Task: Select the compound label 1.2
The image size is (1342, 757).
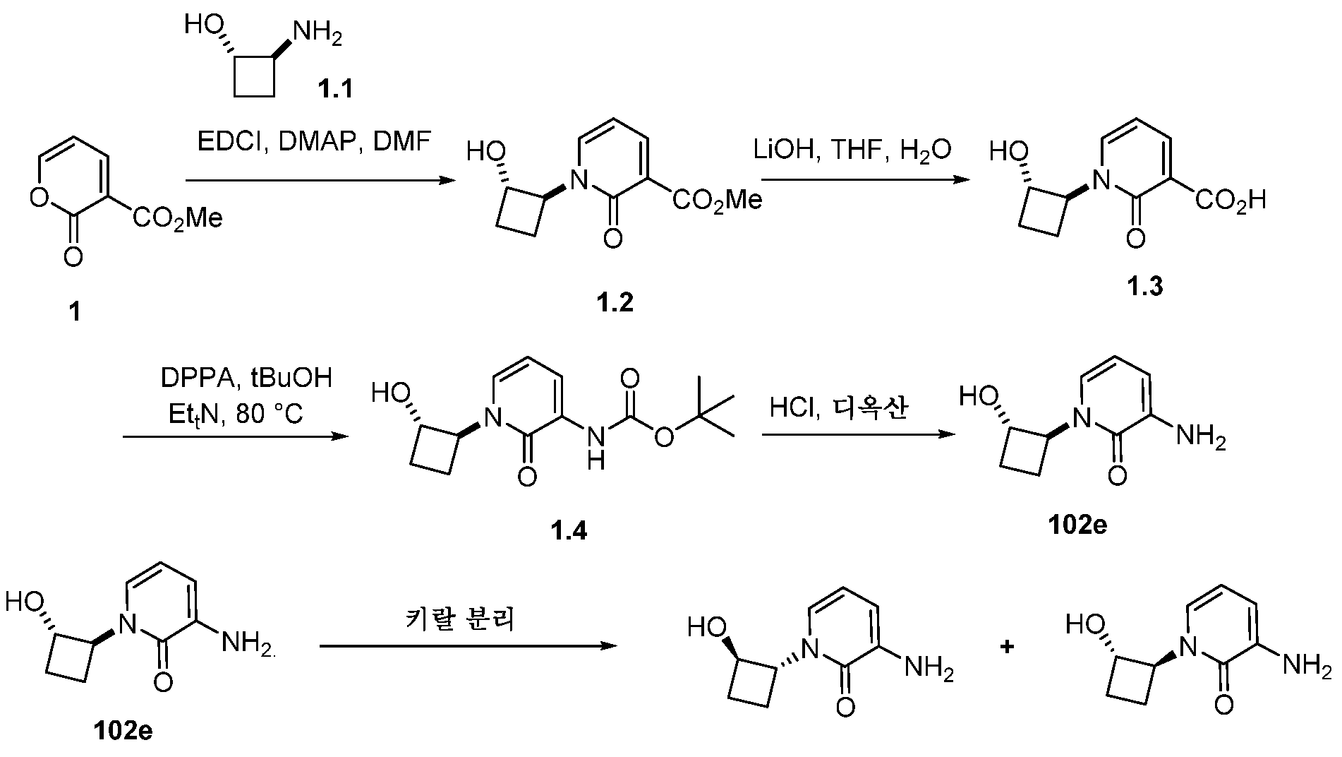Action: [613, 302]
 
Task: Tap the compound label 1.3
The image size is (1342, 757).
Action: [1144, 286]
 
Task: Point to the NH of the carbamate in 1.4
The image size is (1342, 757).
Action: [596, 448]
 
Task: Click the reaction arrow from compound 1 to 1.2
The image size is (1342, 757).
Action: [319, 181]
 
